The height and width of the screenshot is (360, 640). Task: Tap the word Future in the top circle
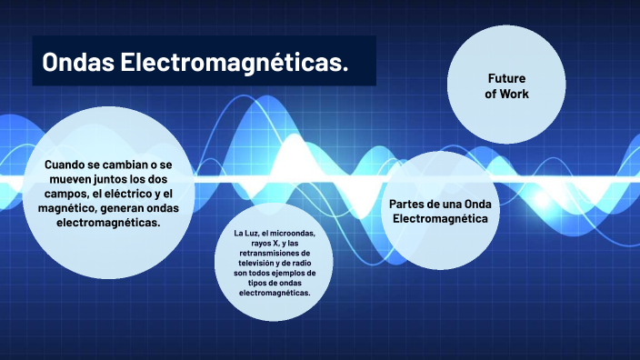tap(506, 78)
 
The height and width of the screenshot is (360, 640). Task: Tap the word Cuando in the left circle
tap(68, 165)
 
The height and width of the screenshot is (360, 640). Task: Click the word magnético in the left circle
tap(75, 208)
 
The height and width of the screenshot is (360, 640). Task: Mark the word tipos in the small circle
tap(257, 284)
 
